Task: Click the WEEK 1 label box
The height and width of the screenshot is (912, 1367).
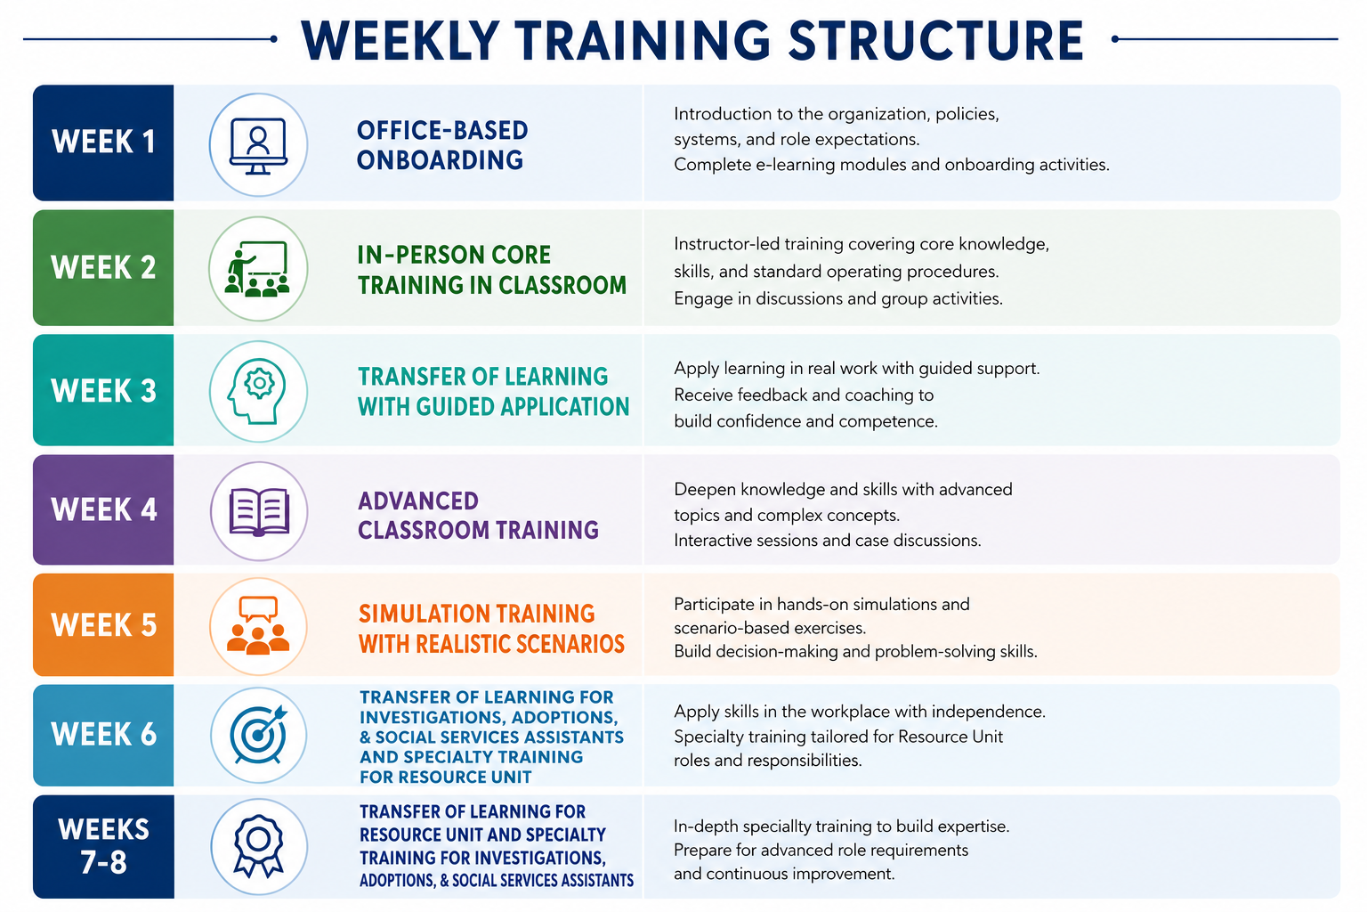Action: pos(103,142)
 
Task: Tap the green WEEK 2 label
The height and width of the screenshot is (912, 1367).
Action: pos(103,267)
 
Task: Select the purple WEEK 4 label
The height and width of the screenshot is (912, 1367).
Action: pos(103,509)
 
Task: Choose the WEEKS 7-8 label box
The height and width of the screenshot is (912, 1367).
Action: pos(103,846)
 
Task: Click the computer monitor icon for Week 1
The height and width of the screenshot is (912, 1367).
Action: pos(258,145)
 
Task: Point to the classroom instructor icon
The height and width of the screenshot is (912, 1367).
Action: pos(257,269)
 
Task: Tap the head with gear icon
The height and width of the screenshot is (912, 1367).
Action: pos(257,392)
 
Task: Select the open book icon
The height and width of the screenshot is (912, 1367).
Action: pos(259,512)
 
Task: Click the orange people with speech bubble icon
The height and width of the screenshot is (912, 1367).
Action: pos(258,625)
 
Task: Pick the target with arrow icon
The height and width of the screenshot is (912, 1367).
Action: pos(258,735)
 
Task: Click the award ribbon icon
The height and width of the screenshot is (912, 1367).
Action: pos(258,846)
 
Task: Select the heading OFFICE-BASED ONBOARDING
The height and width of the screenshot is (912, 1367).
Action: pos(441,145)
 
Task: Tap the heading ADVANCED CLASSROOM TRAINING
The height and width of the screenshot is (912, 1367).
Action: pos(478,516)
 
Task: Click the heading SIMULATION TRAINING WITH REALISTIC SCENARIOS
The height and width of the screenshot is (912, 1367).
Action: pos(491,629)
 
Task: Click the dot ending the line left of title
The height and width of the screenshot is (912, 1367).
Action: pos(273,39)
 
